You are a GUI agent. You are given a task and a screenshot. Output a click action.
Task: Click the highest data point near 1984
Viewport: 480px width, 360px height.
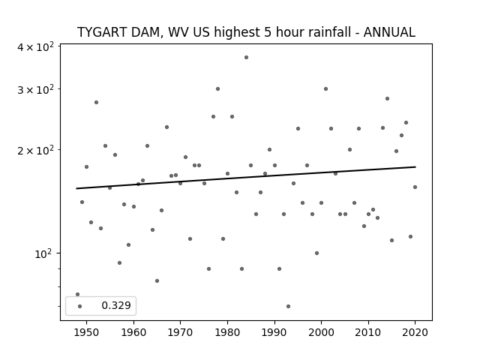[x=246, y=57]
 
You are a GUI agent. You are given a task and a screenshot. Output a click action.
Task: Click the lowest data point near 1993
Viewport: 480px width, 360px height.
[x=288, y=306]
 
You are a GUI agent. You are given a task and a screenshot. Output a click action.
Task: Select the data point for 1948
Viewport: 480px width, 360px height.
[x=77, y=294]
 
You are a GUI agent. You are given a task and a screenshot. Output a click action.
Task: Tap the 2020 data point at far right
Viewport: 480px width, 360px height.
[x=415, y=187]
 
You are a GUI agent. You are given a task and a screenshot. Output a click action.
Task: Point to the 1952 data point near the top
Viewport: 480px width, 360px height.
[x=96, y=102]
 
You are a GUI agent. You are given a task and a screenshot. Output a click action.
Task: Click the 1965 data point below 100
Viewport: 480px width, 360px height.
[x=157, y=280]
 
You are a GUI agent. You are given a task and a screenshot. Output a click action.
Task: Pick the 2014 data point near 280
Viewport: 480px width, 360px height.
[x=387, y=98]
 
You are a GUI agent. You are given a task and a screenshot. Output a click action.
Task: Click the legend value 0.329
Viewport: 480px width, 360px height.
[x=116, y=305]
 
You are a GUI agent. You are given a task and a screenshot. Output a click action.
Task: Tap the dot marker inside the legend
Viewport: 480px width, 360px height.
[x=79, y=306]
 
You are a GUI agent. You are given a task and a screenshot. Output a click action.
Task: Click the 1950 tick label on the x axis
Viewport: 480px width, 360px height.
[x=87, y=332]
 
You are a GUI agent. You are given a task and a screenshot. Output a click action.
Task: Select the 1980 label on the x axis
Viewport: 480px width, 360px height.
[x=227, y=332]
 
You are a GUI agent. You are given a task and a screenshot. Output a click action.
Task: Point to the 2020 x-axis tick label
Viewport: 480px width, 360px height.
[x=415, y=332]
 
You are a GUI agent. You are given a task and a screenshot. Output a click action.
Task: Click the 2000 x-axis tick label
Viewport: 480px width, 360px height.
[x=321, y=332]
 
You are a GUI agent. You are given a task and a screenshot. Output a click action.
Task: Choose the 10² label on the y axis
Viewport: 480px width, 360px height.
[x=44, y=253]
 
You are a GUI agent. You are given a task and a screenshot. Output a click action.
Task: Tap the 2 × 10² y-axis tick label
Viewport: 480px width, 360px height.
[x=35, y=150]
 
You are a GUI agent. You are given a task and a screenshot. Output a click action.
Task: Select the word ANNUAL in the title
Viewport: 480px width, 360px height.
[x=389, y=32]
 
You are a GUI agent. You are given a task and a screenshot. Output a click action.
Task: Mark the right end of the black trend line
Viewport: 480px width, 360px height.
[x=415, y=166]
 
